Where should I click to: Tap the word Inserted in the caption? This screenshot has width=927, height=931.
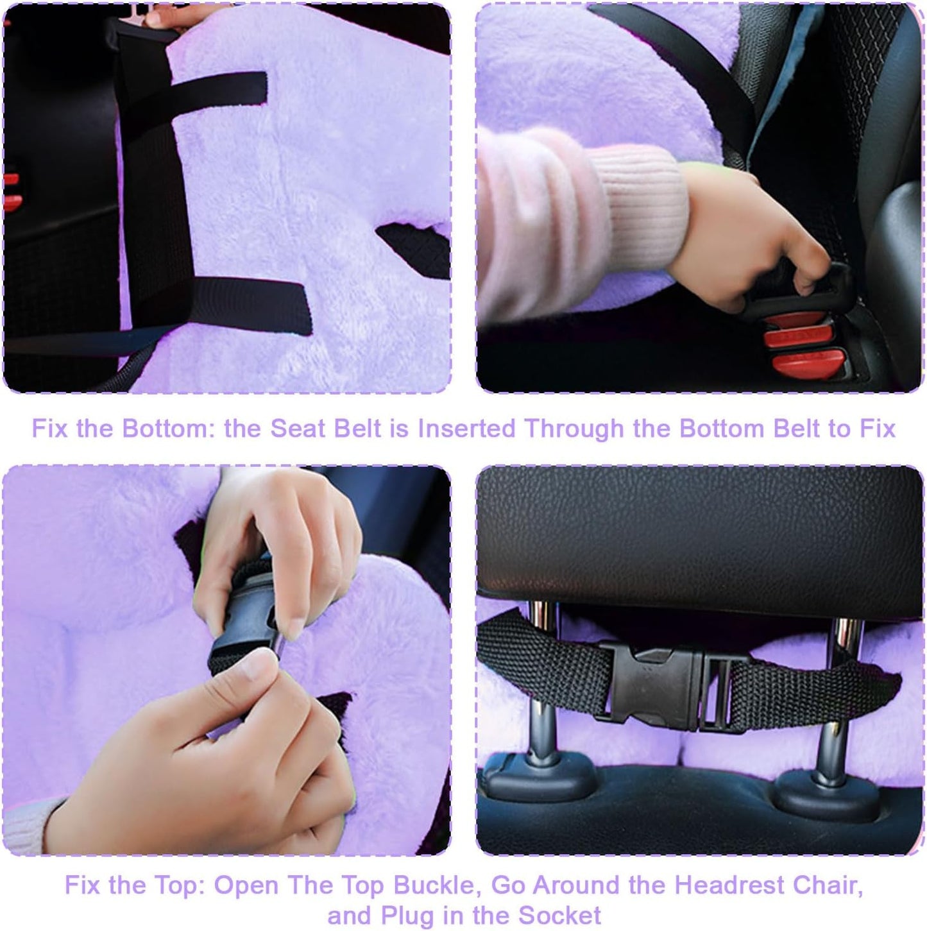pos(466,429)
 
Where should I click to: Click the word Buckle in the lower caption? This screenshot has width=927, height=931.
pos(436,885)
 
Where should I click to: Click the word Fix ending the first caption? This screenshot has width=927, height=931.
pos(877,429)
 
